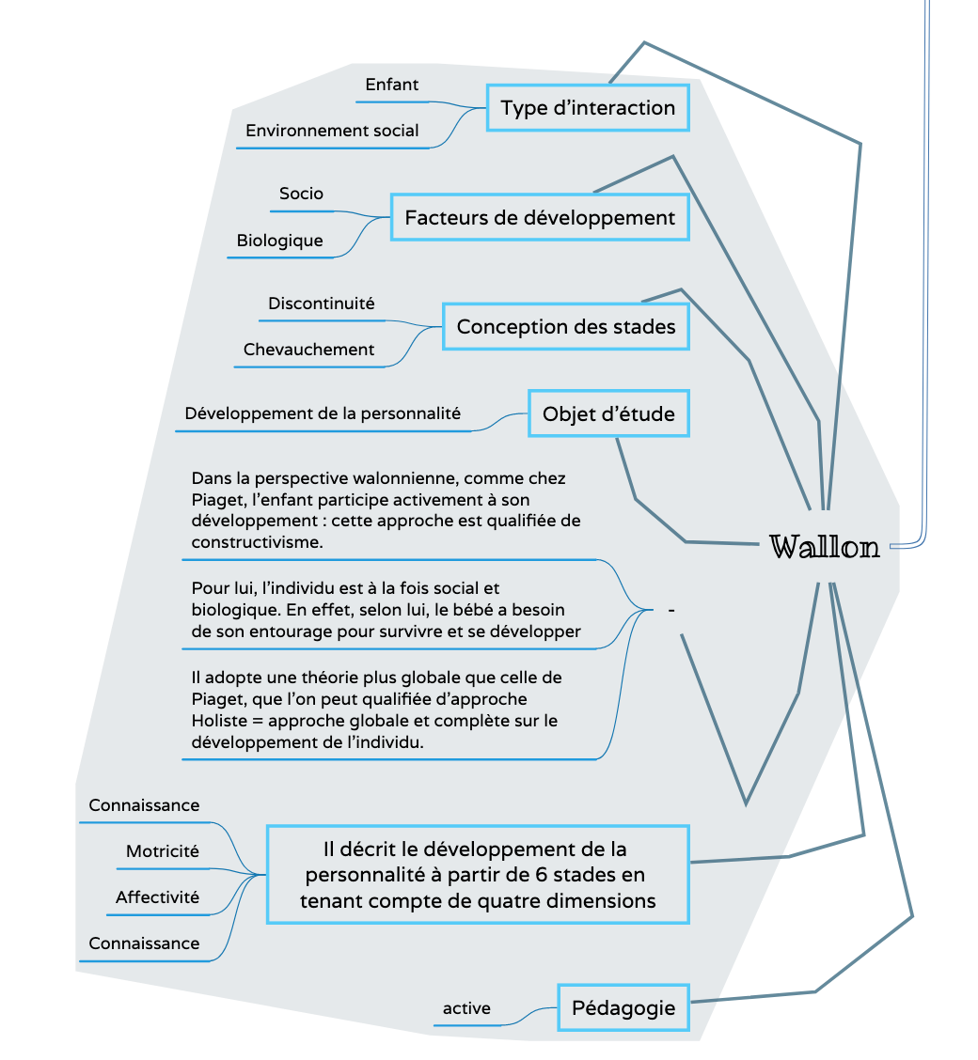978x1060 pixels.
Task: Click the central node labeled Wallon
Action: [825, 547]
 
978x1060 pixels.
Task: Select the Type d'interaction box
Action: [588, 108]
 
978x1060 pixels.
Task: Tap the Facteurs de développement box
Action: [540, 218]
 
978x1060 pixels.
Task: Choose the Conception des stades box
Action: [565, 327]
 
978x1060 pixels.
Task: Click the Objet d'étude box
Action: [608, 413]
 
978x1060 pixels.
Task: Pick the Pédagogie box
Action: [623, 1008]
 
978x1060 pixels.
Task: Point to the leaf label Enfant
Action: [392, 85]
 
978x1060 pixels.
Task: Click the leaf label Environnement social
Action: [332, 131]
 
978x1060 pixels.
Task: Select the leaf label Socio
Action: [301, 194]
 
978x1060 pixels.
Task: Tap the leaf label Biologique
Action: [279, 241]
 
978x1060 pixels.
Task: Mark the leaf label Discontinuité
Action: [321, 304]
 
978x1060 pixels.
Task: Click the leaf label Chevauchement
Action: [308, 350]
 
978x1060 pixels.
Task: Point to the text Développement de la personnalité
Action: [323, 413]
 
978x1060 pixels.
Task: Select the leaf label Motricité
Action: [163, 851]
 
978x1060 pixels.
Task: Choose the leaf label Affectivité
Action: [157, 897]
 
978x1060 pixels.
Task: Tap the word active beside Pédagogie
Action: [466, 1008]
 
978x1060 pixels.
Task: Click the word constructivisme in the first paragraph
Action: [257, 542]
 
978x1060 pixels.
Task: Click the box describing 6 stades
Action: [478, 875]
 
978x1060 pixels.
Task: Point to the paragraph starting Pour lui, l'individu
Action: [386, 610]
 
